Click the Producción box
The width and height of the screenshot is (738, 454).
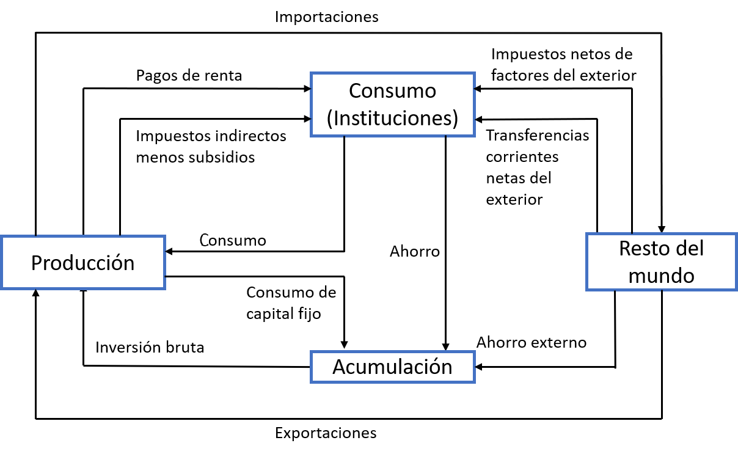(82, 262)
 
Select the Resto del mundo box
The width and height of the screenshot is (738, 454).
(661, 261)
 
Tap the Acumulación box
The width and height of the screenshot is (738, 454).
(392, 367)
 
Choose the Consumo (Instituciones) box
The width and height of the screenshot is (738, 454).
(392, 104)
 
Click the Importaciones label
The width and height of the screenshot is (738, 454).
(326, 16)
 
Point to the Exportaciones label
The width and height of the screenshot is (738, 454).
(326, 433)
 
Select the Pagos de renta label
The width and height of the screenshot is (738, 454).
(189, 76)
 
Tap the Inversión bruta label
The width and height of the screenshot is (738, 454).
(150, 347)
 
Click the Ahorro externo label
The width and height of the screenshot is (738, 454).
(531, 342)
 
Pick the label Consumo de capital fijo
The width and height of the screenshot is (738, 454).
(291, 303)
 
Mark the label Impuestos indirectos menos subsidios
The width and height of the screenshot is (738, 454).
(211, 146)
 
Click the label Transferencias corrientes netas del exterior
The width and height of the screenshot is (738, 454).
(538, 167)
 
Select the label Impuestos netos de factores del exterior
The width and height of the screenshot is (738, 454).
(563, 65)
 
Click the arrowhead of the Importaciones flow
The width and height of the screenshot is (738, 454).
(662, 227)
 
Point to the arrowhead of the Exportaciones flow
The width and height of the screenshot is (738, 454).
(36, 294)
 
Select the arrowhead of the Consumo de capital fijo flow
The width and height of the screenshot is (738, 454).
(345, 346)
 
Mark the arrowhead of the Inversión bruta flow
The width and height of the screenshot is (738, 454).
(83, 294)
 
